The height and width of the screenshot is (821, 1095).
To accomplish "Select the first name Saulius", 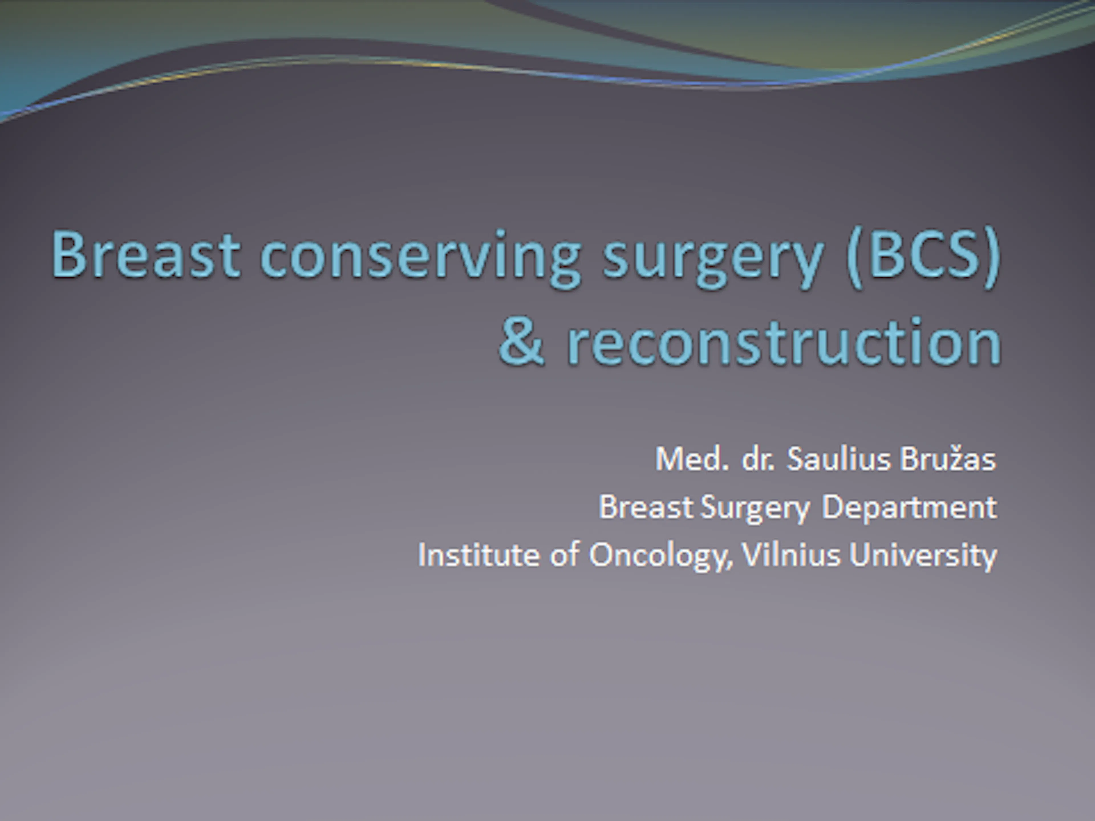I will [x=839, y=459].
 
